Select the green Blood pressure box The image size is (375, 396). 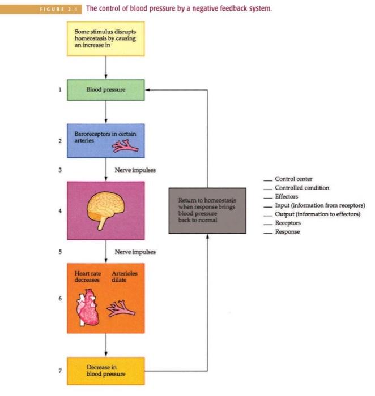tap(106, 89)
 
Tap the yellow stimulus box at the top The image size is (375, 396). tap(106, 38)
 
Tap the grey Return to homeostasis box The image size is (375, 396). tap(207, 210)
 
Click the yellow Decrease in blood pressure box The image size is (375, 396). tap(106, 371)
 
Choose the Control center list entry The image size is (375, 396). tap(293, 179)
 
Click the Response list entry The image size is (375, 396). tap(287, 232)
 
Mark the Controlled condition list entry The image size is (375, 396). tap(301, 188)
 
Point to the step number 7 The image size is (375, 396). tap(60, 371)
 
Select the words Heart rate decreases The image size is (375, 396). tap(88, 277)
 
